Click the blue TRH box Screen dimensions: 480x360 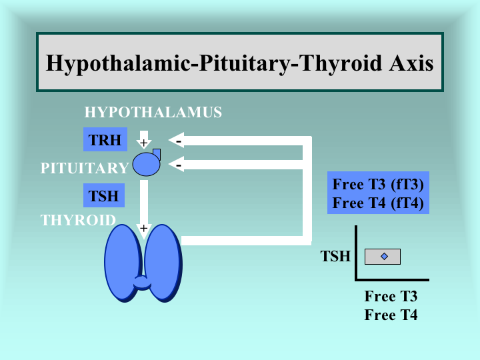tap(105, 139)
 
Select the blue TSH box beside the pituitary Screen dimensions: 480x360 tap(104, 195)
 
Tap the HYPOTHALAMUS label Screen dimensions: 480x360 tap(153, 112)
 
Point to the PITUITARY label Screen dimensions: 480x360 tap(85, 168)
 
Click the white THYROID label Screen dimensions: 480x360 tap(78, 220)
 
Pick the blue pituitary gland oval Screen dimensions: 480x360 tap(146, 164)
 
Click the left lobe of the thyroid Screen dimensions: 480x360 tap(123, 263)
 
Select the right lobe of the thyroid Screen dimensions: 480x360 tap(164, 263)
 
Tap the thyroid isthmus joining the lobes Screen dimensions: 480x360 tap(143, 283)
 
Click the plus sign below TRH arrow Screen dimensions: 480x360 tap(143, 143)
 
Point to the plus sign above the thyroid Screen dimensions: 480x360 tap(143, 228)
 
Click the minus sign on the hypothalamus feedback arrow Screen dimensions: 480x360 tap(179, 141)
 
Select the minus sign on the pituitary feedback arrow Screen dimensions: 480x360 tap(179, 165)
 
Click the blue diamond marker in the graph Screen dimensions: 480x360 tap(384, 256)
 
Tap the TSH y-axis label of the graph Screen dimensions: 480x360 tap(335, 256)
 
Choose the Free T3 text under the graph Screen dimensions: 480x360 tap(391, 296)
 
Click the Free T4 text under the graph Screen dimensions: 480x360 tap(391, 315)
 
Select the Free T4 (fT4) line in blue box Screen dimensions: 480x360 tap(378, 203)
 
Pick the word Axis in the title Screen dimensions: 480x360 tap(411, 63)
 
